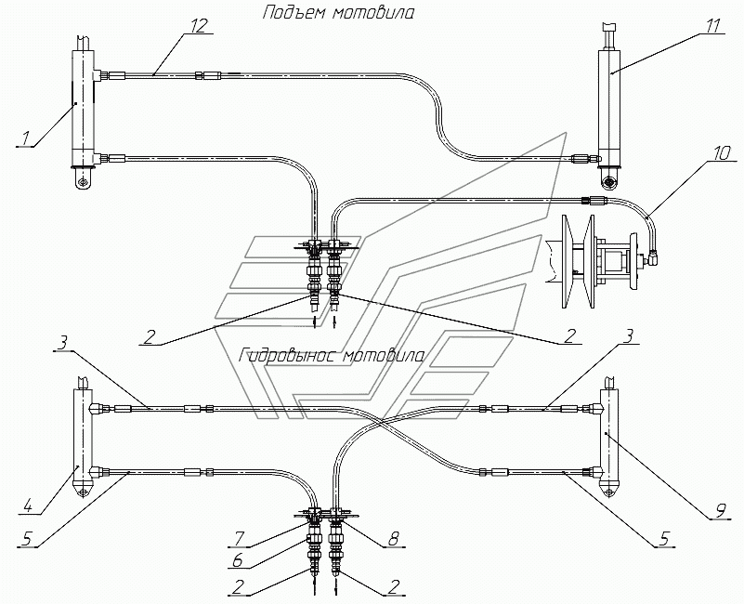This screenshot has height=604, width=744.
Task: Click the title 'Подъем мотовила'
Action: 338,13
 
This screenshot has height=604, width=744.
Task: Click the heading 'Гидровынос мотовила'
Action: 333,356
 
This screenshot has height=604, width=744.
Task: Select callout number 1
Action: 25,138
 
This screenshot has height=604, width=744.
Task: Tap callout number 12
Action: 200,26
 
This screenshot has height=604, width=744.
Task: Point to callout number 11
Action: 711,26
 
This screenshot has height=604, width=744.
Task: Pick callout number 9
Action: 720,511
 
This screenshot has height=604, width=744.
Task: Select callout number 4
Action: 28,506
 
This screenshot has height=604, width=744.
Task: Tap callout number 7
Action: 238,538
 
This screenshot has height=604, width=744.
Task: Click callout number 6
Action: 236,560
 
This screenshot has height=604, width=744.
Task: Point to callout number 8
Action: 393,538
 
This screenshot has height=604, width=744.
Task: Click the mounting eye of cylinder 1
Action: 85,180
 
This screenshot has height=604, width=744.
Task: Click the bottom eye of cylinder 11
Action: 608,180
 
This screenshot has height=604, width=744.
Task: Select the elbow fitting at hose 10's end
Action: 652,257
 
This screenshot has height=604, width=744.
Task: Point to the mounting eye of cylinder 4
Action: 83,490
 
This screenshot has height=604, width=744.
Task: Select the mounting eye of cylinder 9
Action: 608,489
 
